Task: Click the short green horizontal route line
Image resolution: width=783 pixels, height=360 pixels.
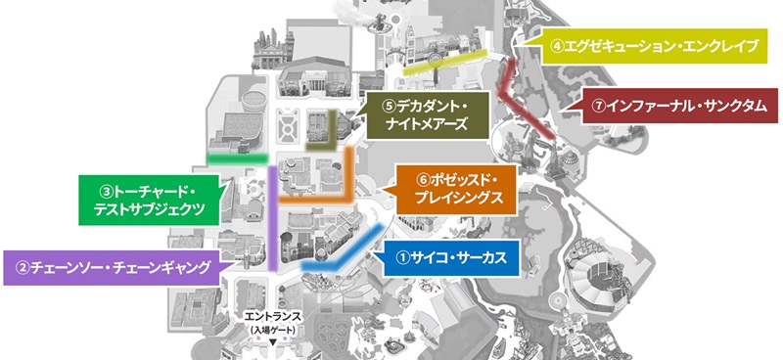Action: coord(234,157)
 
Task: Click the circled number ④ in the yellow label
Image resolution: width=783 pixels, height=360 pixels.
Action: coord(556,45)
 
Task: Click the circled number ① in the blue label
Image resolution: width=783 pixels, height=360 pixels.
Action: coord(401,258)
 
